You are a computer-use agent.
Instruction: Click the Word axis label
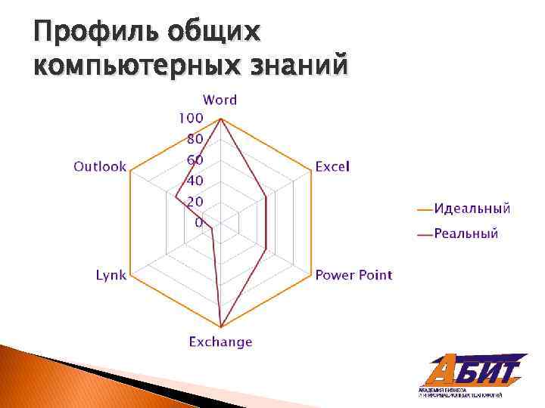click(x=220, y=100)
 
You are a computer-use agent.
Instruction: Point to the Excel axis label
click(x=332, y=167)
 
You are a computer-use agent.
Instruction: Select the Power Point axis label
click(x=353, y=274)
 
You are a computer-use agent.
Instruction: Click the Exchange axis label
click(x=220, y=342)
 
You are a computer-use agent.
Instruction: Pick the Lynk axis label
click(x=111, y=274)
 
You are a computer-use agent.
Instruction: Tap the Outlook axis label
click(x=100, y=167)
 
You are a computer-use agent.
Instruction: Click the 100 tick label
click(x=191, y=118)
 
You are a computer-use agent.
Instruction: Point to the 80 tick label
click(x=195, y=139)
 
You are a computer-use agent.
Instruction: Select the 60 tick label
click(x=195, y=160)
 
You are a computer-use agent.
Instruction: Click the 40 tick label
click(x=195, y=181)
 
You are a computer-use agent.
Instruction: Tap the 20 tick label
click(x=195, y=202)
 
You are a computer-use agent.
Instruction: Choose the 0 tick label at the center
click(x=198, y=223)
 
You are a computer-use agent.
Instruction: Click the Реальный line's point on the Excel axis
click(x=266, y=196)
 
